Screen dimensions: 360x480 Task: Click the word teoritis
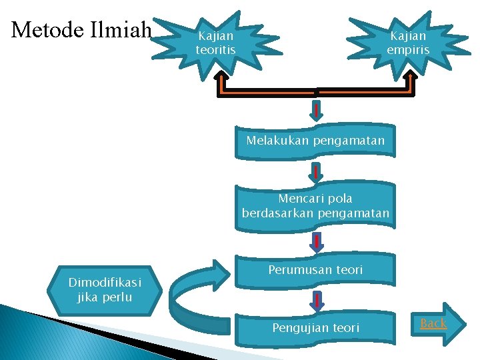[x=215, y=50]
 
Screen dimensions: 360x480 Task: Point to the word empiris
[x=408, y=50]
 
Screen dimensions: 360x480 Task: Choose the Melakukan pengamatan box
[x=315, y=141]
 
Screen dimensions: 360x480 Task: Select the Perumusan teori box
[x=315, y=270]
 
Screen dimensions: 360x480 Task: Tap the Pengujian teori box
[x=315, y=327]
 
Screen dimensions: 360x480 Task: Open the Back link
[x=433, y=323]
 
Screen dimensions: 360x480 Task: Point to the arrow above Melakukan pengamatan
[x=317, y=108]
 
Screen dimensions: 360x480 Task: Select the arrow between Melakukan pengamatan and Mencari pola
[x=317, y=173]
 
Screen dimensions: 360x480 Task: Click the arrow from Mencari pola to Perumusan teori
[x=317, y=241]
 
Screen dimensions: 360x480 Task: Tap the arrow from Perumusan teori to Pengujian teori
[x=317, y=299]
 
